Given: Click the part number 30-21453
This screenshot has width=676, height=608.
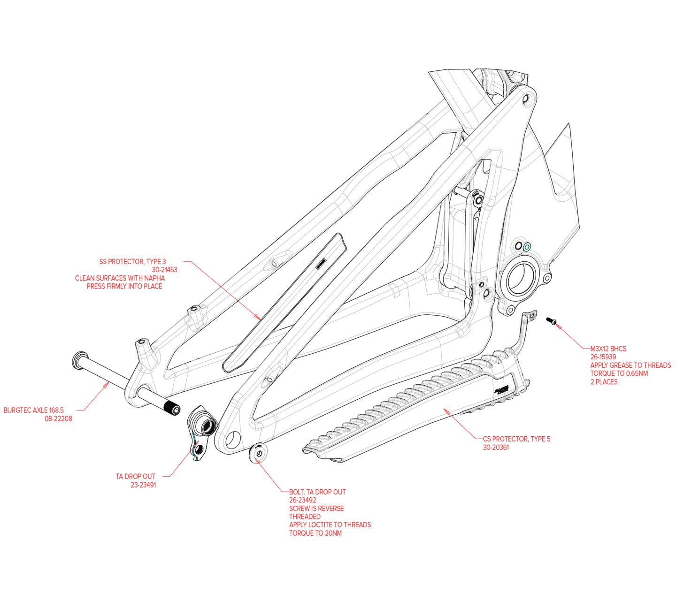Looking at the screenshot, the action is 164,270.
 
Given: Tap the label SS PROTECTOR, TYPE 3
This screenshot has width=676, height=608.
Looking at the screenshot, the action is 132,262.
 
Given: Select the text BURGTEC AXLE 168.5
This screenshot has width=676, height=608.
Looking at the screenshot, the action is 34,410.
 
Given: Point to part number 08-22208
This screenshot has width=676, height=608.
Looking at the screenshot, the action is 58,418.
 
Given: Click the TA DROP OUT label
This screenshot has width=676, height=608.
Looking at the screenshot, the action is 136,477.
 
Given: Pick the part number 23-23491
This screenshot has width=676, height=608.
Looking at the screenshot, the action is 143,485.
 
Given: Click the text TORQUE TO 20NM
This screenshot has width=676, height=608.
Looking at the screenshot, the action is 315,533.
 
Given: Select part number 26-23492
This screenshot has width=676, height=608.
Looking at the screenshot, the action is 303,500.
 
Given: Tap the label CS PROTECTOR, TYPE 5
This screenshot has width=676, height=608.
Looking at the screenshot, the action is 516,439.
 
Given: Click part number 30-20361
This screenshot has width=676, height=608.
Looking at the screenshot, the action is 496,448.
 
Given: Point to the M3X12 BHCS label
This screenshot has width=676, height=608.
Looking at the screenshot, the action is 608,349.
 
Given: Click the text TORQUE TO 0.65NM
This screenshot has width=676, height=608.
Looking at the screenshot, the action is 619,373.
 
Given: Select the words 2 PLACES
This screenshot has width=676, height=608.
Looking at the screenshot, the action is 604,382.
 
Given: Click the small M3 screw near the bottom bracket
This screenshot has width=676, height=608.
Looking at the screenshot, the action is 551,321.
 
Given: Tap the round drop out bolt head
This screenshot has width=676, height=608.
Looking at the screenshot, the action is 259,453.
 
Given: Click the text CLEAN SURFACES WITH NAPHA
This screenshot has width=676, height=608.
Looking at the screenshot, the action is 120,278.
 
